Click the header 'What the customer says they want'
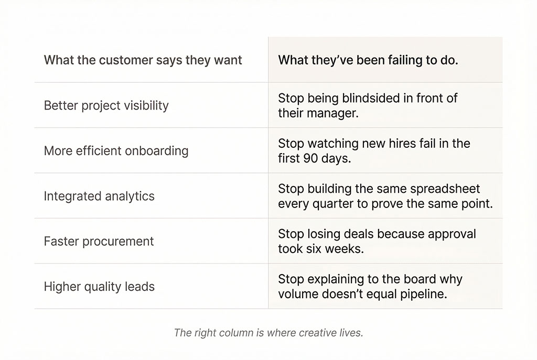click(143, 60)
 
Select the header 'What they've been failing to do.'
click(368, 60)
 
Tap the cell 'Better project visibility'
click(106, 105)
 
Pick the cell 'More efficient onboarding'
click(116, 151)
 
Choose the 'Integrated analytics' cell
click(99, 196)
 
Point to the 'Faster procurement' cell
click(99, 242)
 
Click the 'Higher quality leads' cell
click(99, 287)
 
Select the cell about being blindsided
click(368, 105)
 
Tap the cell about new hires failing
click(374, 151)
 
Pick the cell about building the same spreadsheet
click(385, 196)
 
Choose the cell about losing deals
click(377, 242)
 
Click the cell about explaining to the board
click(370, 287)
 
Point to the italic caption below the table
click(268, 333)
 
